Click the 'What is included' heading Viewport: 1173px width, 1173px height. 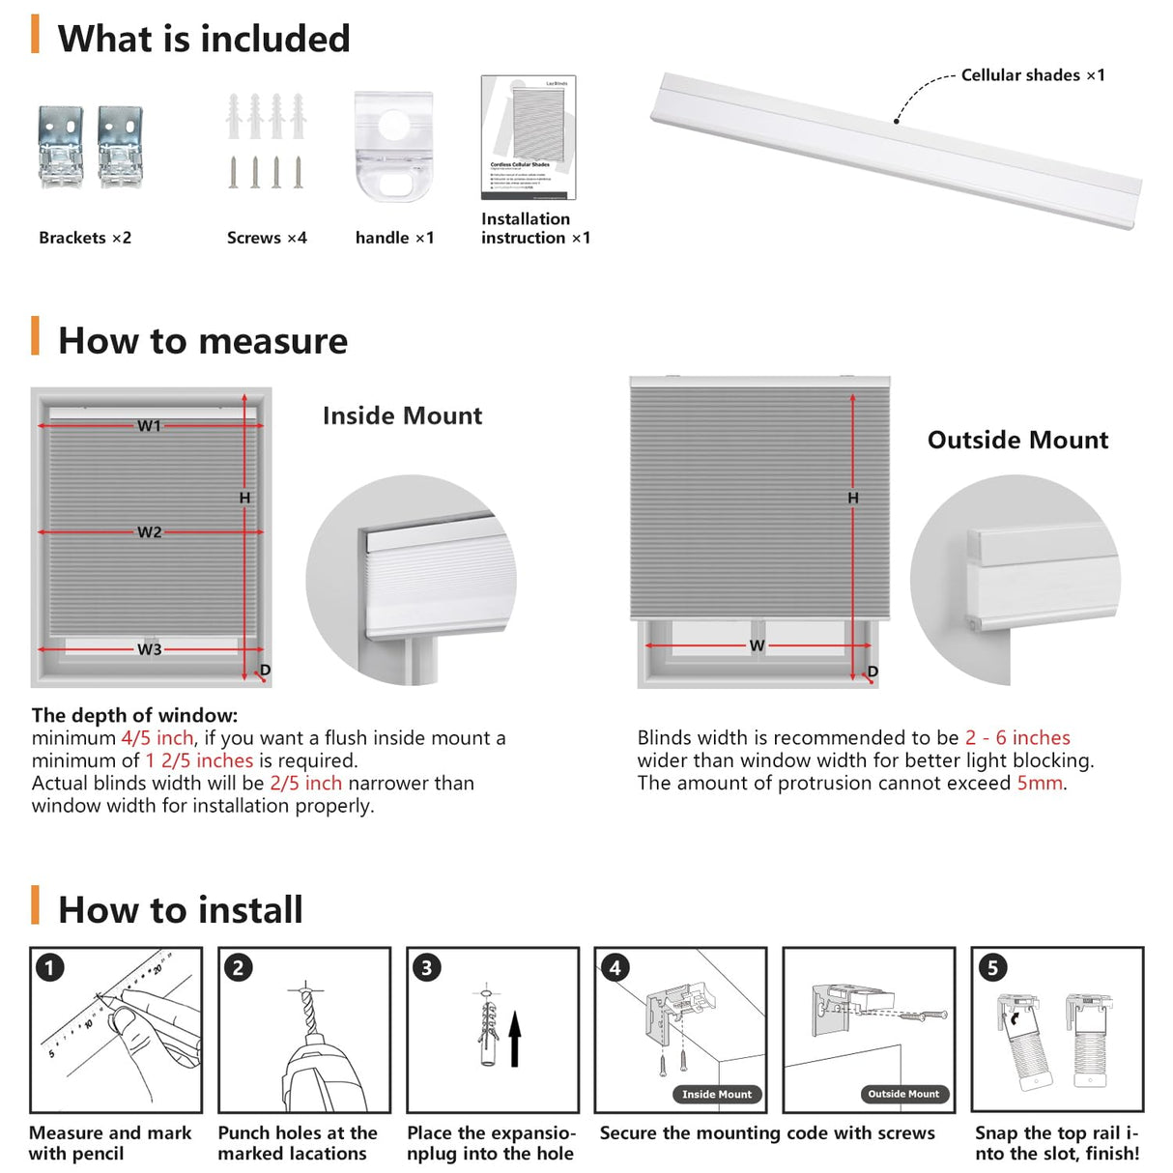[x=203, y=40]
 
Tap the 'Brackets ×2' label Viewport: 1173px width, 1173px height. [x=85, y=238]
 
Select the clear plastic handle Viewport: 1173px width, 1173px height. [x=393, y=146]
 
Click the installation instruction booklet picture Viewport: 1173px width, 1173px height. [x=529, y=137]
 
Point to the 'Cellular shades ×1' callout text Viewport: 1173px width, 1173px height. [x=1032, y=75]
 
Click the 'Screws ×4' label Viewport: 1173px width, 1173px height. [x=267, y=238]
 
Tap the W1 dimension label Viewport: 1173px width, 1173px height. [x=149, y=425]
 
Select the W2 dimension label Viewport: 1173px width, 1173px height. [x=149, y=532]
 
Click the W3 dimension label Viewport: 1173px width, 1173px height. [x=149, y=649]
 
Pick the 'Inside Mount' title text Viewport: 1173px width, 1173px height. [x=402, y=416]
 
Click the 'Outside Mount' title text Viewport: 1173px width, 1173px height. [x=1017, y=441]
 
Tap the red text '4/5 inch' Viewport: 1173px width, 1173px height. [x=157, y=738]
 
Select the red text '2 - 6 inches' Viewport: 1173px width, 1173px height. [x=1017, y=738]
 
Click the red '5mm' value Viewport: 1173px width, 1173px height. [x=1039, y=784]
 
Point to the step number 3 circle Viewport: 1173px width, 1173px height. [x=426, y=967]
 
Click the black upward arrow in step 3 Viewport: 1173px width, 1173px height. [x=515, y=1039]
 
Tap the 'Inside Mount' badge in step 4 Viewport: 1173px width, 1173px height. [x=716, y=1095]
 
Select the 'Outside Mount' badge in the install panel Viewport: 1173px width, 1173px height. [x=903, y=1094]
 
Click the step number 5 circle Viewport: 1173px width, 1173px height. [x=992, y=967]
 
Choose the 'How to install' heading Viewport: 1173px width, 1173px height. [x=180, y=910]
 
